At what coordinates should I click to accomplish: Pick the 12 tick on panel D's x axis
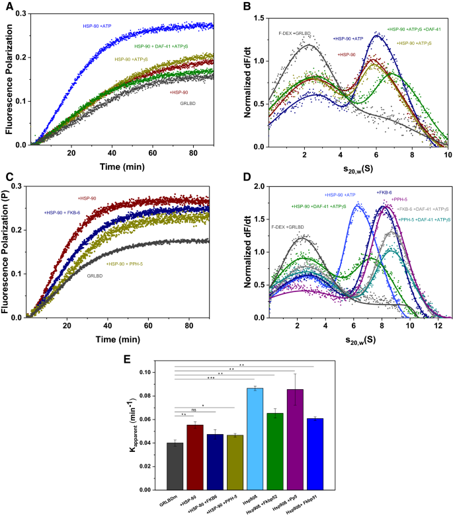[x=437, y=326]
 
